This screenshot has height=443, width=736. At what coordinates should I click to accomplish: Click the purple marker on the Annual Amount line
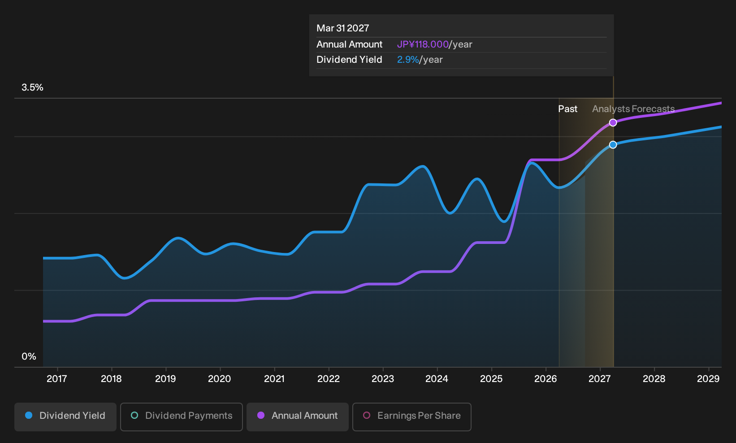(x=613, y=122)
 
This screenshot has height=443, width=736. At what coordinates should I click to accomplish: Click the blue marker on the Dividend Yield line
(x=613, y=144)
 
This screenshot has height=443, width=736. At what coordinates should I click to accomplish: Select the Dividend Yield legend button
(x=65, y=417)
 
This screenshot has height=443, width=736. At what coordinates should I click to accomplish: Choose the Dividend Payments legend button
(x=182, y=417)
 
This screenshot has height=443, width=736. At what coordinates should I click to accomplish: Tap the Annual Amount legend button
(x=297, y=417)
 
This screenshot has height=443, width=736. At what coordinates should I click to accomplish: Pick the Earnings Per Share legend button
(x=411, y=417)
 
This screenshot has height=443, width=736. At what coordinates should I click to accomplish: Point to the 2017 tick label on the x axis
(x=57, y=379)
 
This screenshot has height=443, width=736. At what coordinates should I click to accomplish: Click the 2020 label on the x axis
(x=220, y=379)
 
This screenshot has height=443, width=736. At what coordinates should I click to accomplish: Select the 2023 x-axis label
(x=383, y=379)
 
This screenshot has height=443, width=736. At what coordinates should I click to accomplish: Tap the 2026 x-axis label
(x=546, y=379)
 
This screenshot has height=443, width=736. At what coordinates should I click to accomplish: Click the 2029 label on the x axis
(x=708, y=379)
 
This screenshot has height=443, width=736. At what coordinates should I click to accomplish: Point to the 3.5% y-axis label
(x=32, y=87)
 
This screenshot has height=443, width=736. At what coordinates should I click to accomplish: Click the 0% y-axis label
(x=29, y=356)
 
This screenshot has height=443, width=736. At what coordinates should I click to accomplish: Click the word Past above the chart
(x=568, y=109)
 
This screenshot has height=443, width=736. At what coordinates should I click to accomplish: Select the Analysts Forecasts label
(x=633, y=109)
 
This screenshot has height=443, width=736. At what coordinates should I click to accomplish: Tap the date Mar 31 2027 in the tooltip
(x=343, y=28)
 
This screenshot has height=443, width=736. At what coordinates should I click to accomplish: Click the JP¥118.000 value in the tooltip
(x=423, y=44)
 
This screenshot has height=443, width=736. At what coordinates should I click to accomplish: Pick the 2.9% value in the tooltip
(x=408, y=60)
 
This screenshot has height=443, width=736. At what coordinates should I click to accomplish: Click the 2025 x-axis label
(x=491, y=379)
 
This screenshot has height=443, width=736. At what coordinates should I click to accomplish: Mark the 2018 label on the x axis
(x=111, y=379)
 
